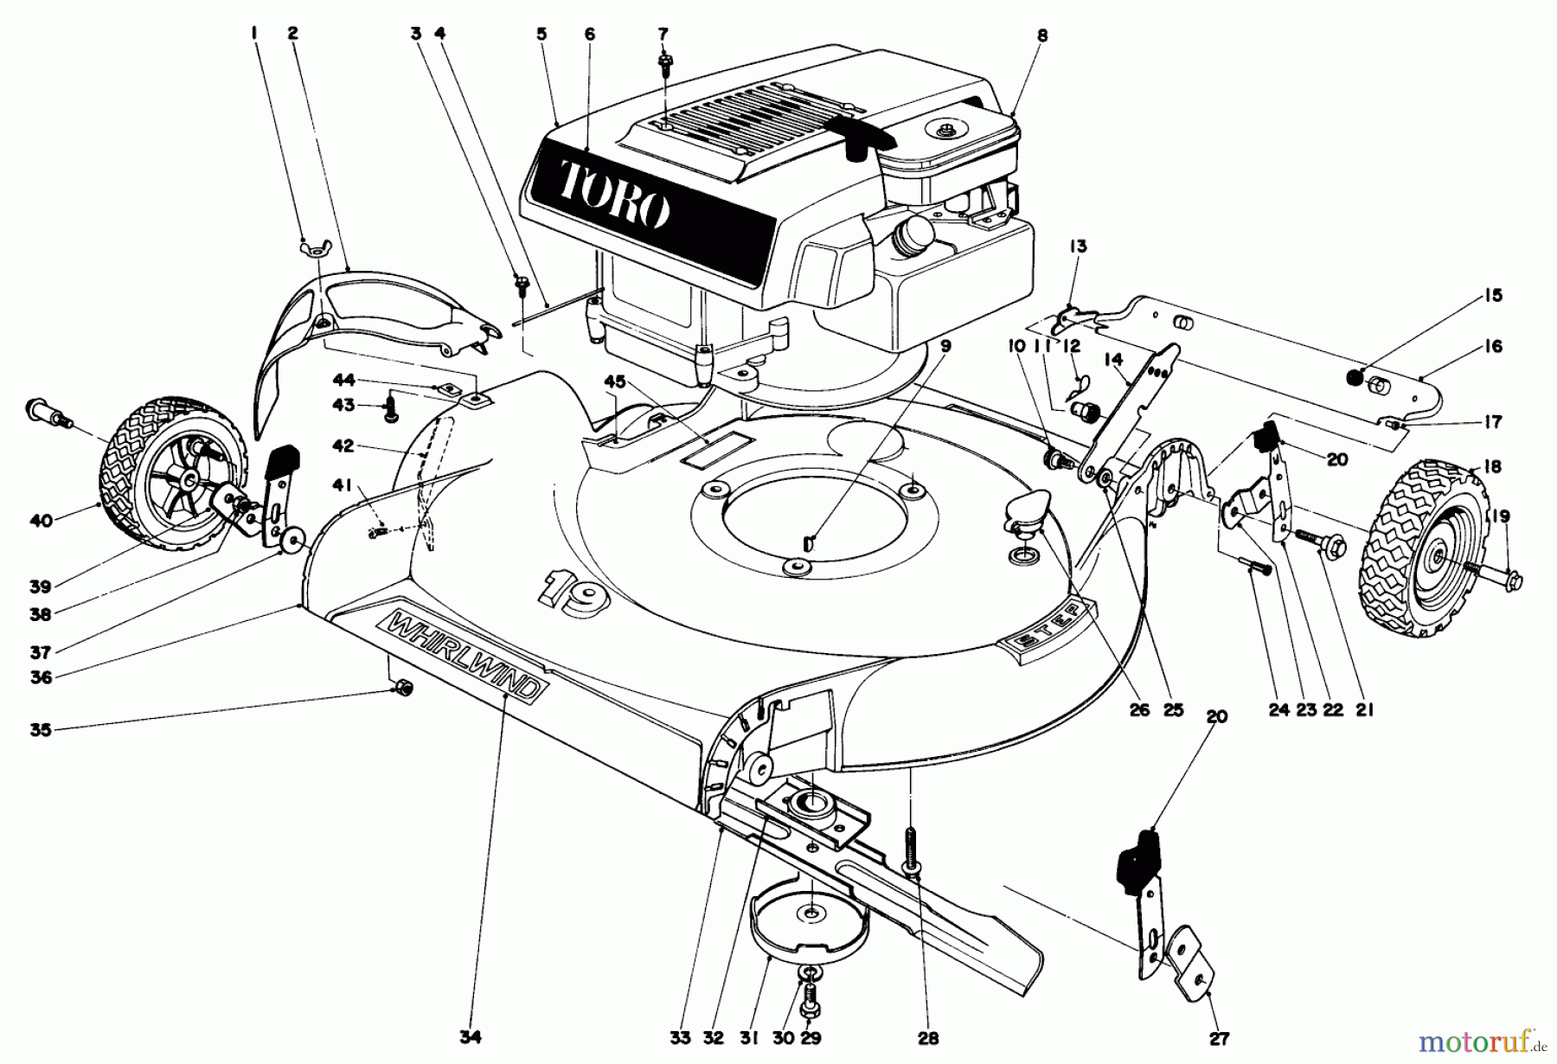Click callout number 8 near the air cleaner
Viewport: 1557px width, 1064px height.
[x=1042, y=35]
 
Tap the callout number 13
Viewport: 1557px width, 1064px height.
[x=1078, y=247]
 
